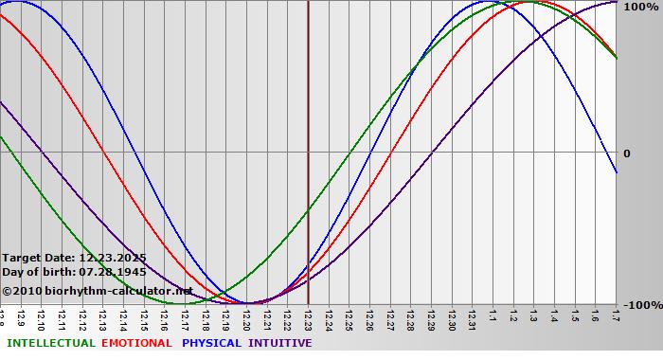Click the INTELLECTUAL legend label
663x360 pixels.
[x=51, y=343]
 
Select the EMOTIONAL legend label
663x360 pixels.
[x=136, y=343]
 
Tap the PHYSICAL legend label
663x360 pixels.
[x=212, y=343]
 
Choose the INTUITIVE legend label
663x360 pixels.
[x=280, y=343]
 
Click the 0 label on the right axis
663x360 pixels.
[x=626, y=153]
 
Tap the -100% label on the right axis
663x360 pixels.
[x=639, y=305]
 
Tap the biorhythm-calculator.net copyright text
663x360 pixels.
[x=97, y=291]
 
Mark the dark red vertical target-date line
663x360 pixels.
[x=308, y=142]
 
